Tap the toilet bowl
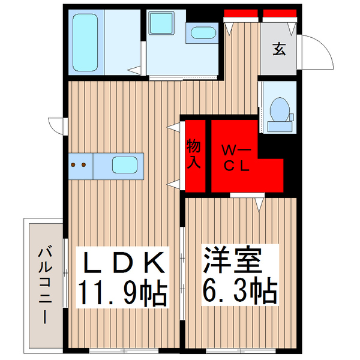[278, 109]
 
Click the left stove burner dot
[74, 163]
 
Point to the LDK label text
[123, 262]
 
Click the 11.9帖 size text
[123, 292]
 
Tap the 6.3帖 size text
[239, 292]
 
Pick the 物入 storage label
[194, 155]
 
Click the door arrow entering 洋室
[259, 205]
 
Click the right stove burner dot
[85, 163]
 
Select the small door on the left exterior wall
[57, 127]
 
